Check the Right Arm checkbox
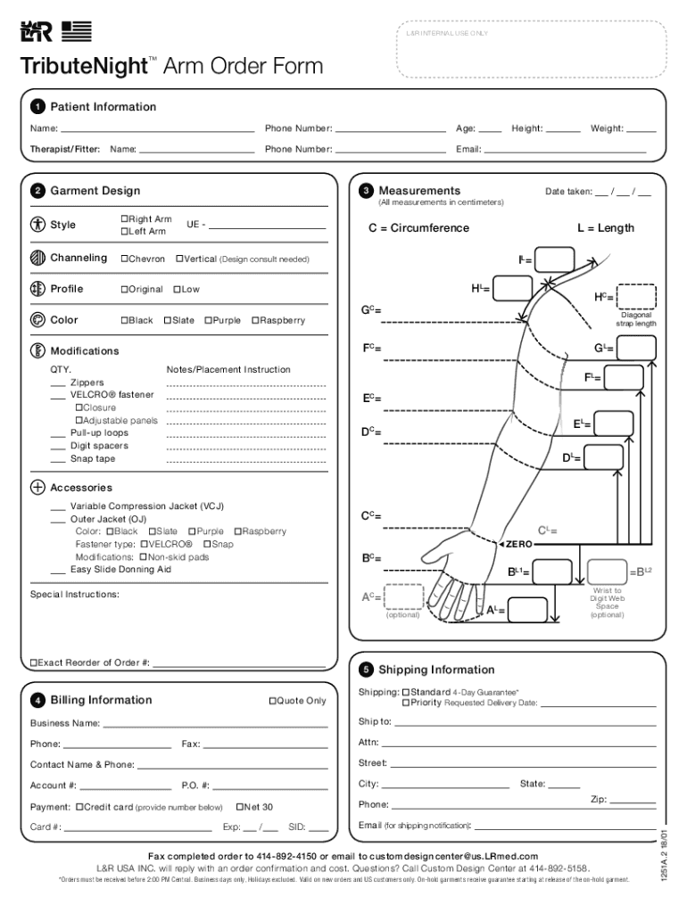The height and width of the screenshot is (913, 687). pyautogui.click(x=124, y=219)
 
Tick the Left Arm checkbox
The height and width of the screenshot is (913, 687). pyautogui.click(x=124, y=232)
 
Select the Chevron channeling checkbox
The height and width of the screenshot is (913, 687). pyautogui.click(x=124, y=259)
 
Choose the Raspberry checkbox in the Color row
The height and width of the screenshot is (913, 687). pyautogui.click(x=255, y=320)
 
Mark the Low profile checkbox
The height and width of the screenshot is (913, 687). pyautogui.click(x=177, y=290)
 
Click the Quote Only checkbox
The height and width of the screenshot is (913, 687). pyautogui.click(x=272, y=701)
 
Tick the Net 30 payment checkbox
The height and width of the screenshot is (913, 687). pyautogui.click(x=239, y=807)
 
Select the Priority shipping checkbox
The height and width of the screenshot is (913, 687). pyautogui.click(x=406, y=703)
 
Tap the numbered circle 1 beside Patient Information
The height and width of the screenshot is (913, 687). pyautogui.click(x=37, y=108)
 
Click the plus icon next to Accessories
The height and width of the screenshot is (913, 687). pyautogui.click(x=37, y=488)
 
